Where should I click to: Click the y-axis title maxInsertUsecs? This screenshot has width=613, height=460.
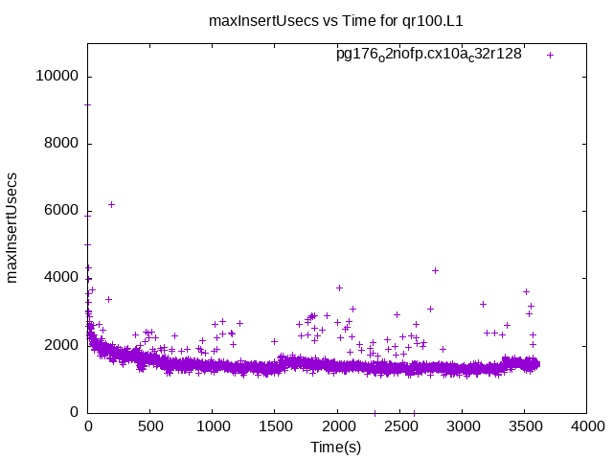12,227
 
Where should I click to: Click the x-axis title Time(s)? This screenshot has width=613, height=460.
336,448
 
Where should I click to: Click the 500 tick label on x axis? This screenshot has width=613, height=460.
150,428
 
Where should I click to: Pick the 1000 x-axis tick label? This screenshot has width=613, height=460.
213,428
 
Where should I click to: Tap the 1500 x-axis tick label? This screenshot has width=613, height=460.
275,428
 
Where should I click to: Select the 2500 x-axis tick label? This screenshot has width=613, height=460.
399,428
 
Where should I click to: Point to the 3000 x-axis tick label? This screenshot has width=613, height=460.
462,428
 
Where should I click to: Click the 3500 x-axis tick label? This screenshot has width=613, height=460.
524,428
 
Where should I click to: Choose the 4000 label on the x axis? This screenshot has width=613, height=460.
586,428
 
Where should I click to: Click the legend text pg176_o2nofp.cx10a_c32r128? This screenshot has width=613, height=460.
428,55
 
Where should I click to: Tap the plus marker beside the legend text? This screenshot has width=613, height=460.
550,55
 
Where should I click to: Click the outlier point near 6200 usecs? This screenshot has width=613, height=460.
111,204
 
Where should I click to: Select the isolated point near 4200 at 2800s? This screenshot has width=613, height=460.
435,270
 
